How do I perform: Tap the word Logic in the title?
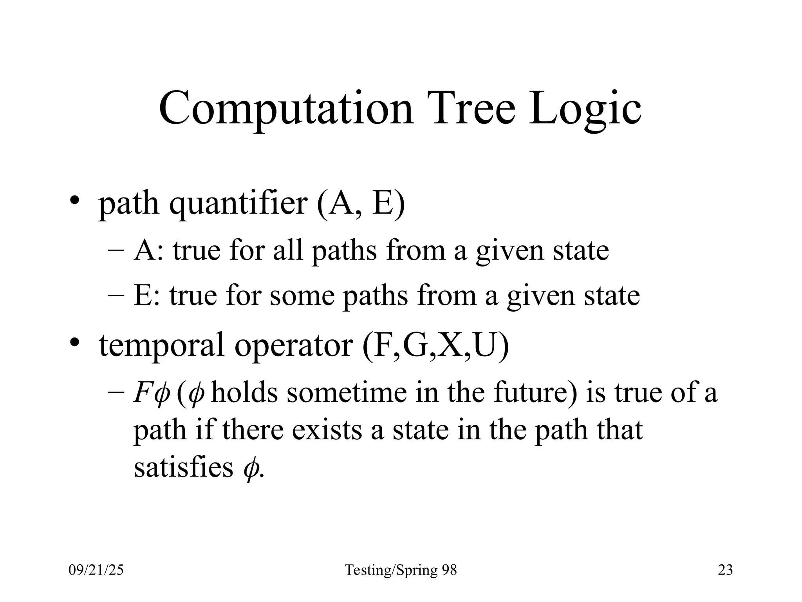(585, 109)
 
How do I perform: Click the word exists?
(327, 430)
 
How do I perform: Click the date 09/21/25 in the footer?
(96, 570)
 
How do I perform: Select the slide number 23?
(725, 570)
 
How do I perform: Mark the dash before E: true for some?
(116, 296)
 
